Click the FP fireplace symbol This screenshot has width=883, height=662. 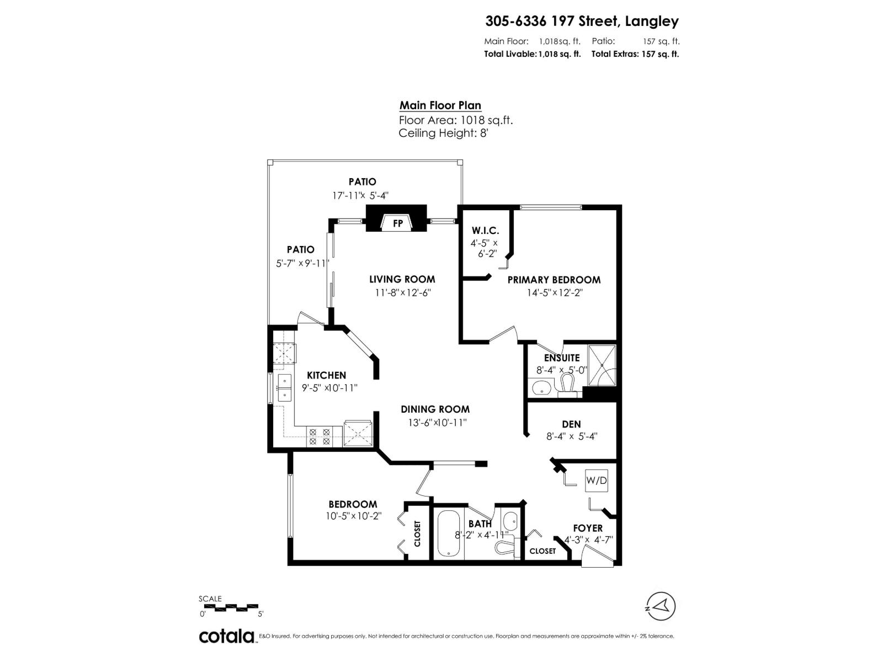point(397,223)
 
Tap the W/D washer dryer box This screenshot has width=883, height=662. point(596,481)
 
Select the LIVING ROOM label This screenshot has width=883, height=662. point(402,279)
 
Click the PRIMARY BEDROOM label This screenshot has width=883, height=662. point(554,280)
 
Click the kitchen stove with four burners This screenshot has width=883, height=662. point(320,437)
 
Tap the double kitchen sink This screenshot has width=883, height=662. point(285,387)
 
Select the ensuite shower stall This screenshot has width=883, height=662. point(601,366)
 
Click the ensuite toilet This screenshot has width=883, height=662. point(567,383)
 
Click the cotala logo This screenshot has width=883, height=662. point(226,636)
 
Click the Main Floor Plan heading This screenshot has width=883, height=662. point(440,105)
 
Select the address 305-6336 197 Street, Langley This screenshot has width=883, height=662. point(582,22)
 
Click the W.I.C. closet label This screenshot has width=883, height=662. point(485,231)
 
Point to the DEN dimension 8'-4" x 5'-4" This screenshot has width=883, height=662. point(571,436)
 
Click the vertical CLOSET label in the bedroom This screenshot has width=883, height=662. point(417,533)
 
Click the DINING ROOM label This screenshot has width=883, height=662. point(435,409)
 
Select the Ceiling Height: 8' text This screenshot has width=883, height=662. point(443,133)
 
